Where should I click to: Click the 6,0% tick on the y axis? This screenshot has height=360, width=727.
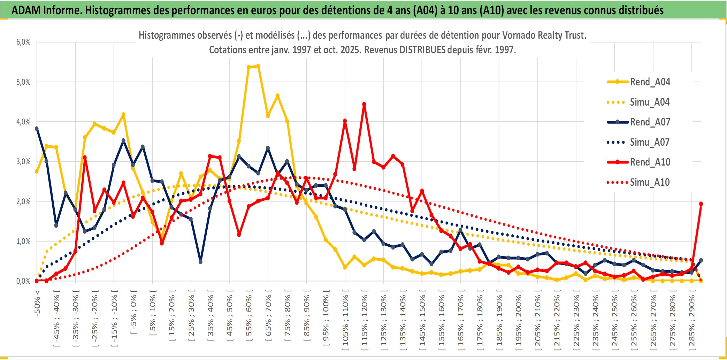click(x=23, y=42)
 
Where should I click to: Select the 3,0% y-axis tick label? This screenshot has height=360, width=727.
click(x=23, y=162)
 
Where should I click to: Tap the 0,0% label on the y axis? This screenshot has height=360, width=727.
click(x=23, y=281)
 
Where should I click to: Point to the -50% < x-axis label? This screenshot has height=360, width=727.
click(x=37, y=303)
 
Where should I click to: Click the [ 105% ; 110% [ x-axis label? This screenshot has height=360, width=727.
click(x=345, y=321)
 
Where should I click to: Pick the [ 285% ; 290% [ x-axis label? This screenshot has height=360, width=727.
click(x=692, y=321)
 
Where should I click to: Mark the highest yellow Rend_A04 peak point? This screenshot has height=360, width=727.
click(x=258, y=66)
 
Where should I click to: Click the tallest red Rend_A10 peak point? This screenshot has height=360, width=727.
click(x=364, y=104)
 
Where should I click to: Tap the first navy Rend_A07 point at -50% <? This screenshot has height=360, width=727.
click(x=37, y=129)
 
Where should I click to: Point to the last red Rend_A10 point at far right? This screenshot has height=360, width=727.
click(x=701, y=204)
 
